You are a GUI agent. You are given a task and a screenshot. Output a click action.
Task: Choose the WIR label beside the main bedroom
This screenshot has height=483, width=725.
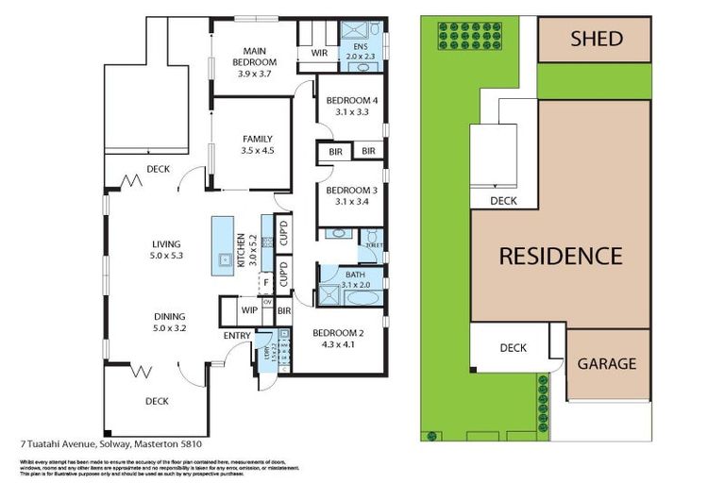pyautogui.click(x=319, y=53)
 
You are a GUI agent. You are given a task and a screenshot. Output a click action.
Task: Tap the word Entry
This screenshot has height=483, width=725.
pyautogui.click(x=236, y=336)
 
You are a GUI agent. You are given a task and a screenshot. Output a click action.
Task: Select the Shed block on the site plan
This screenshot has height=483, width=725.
pyautogui.click(x=596, y=40)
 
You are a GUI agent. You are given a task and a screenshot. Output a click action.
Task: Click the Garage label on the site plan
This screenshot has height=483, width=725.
pyautogui.click(x=606, y=363)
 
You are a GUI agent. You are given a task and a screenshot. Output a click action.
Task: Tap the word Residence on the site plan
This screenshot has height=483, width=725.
pyautogui.click(x=560, y=256)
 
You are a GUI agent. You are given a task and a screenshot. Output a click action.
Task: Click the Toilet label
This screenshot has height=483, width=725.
pyautogui.click(x=375, y=244)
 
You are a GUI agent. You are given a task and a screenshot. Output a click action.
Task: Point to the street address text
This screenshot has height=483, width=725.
pyautogui.click(x=110, y=442)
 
